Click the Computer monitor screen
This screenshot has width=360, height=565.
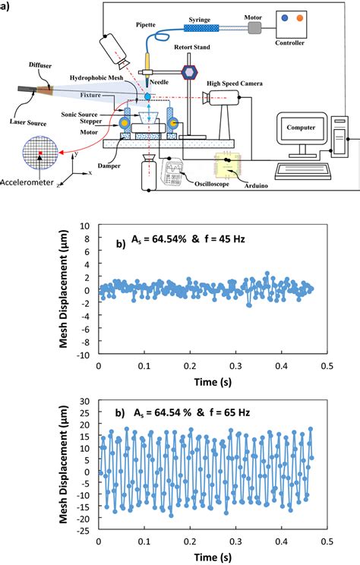pyautogui.click(x=302, y=128)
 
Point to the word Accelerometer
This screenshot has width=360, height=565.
pyautogui.click(x=30, y=183)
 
